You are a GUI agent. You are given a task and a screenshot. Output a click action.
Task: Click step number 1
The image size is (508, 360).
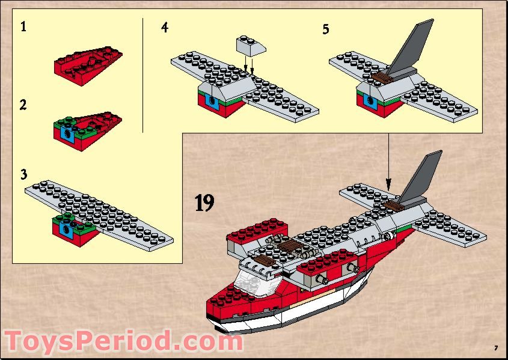(23, 26)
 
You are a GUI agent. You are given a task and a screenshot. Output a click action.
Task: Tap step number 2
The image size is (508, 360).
(23, 105)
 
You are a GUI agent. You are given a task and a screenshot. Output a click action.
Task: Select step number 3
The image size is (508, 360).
(23, 174)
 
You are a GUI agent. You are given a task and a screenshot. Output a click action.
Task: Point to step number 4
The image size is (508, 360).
(165, 27)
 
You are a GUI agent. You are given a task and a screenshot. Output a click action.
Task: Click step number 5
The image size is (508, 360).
(326, 29)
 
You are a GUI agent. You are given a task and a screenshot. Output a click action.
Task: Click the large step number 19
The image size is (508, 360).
(204, 203)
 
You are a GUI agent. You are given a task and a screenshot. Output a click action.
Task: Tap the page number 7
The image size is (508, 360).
(496, 349)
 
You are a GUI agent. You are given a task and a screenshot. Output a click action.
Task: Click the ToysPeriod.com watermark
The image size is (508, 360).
(123, 341)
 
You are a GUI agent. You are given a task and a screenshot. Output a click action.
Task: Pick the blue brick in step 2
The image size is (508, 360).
(68, 133)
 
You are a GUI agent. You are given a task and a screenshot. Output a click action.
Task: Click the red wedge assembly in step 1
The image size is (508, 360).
(88, 66)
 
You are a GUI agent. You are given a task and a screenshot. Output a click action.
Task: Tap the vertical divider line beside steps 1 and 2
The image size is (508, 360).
(142, 75)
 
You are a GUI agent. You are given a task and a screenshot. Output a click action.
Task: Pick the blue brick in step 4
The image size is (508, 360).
(212, 102)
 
